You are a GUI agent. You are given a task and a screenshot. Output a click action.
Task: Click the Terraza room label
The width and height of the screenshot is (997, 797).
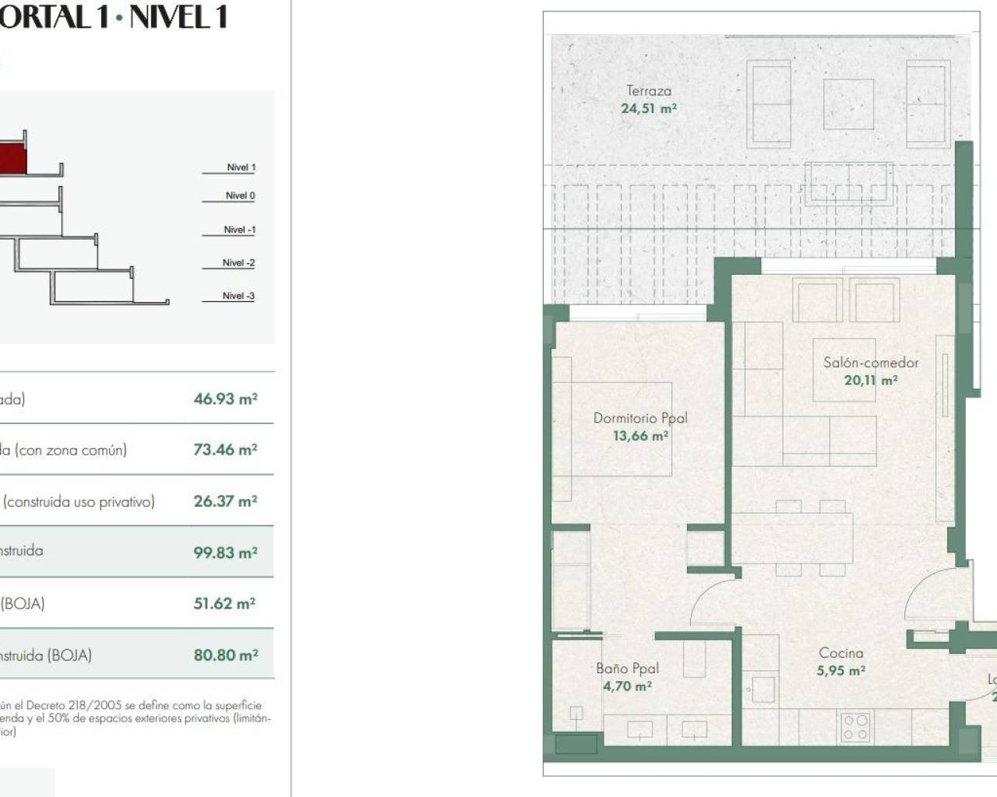point(648,91)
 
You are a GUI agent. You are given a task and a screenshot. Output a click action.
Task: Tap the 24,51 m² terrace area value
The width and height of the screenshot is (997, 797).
point(648,109)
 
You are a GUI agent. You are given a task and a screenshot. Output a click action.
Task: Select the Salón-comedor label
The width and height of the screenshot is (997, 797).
point(871,363)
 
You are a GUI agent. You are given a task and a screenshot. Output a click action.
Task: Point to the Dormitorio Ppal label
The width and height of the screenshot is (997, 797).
point(640,418)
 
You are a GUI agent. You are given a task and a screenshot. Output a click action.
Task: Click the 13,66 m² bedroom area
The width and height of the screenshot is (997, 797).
point(640,436)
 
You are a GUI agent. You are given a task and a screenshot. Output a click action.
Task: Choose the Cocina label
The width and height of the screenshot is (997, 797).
point(840,653)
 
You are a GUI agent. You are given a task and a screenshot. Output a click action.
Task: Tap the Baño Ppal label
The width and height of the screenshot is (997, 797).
point(627,669)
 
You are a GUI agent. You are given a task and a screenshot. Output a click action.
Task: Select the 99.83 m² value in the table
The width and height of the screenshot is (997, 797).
point(225,553)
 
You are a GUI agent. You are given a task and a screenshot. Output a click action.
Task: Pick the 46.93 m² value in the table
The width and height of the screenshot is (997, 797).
point(225,398)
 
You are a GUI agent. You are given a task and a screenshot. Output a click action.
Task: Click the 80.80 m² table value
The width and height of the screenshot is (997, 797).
point(225,655)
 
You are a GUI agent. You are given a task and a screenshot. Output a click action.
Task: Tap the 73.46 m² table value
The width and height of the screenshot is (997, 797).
point(225,450)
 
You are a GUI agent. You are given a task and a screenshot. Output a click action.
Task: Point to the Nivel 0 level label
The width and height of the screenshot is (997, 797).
point(240,196)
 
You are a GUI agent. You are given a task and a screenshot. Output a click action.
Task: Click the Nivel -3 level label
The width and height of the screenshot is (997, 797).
point(238,297)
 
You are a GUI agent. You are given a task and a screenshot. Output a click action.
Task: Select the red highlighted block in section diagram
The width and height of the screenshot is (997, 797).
point(12,160)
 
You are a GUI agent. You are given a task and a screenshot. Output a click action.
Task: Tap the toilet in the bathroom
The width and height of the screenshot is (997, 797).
point(576,714)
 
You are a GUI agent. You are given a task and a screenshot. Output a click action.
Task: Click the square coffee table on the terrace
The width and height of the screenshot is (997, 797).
point(848,104)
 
